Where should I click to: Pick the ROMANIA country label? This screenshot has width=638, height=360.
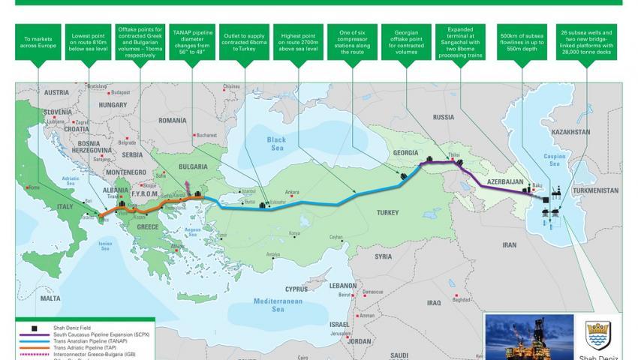tap(172, 120)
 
